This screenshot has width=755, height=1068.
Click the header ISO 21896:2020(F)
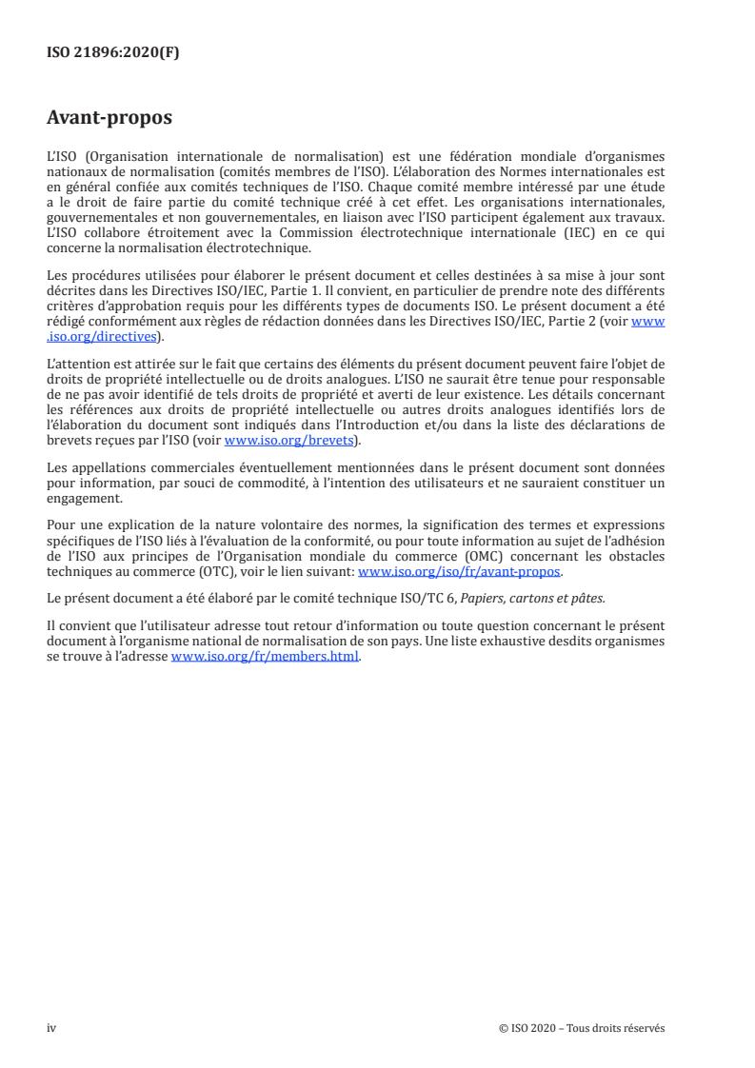[112, 53]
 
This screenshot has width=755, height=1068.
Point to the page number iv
[51, 1027]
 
